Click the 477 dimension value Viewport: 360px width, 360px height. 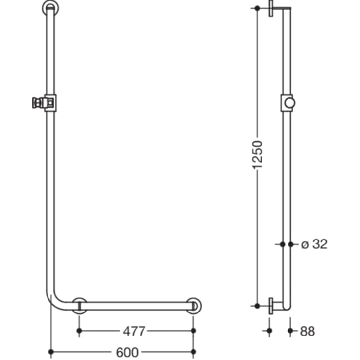[134, 332]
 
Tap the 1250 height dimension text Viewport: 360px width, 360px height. [258, 155]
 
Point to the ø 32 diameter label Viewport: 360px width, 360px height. [313, 244]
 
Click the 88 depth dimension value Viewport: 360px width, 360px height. [307, 332]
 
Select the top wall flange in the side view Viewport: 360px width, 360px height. [271, 10]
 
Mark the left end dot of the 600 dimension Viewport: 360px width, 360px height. [51, 351]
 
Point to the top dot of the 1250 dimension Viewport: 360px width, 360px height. [257, 8]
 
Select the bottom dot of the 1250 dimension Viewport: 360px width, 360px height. [257, 305]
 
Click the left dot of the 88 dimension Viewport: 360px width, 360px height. [268, 331]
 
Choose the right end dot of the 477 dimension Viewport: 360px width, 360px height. [193, 331]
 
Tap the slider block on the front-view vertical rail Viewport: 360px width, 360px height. [50, 102]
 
